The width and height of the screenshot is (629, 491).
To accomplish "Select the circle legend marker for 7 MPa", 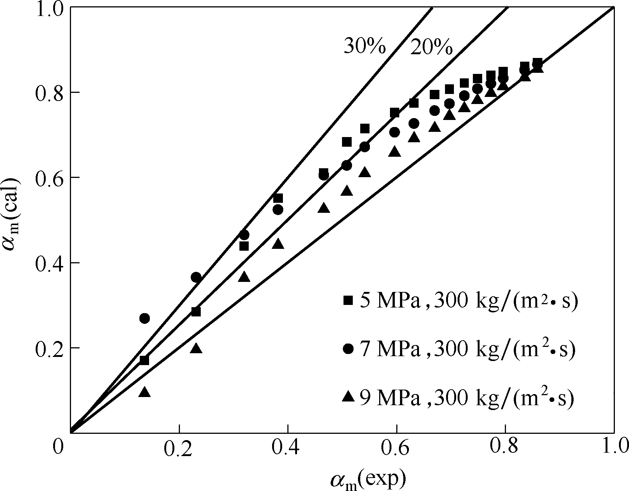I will (348, 349).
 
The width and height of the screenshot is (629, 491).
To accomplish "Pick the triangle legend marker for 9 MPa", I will (348, 397).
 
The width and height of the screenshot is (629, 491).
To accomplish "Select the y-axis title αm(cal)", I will (12, 215).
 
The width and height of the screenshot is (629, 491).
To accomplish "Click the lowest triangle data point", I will (145, 392).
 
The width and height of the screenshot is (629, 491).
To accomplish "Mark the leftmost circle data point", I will (145, 318).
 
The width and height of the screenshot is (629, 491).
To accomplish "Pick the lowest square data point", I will (144, 360).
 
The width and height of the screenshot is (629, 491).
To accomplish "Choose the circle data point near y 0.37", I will (196, 277).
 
